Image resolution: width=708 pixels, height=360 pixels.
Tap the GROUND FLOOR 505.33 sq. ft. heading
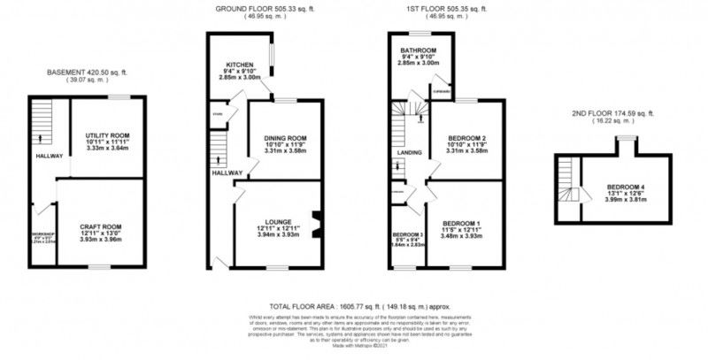pyautogui.click(x=265, y=8)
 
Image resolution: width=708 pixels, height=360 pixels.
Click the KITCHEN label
pyautogui.click(x=240, y=65)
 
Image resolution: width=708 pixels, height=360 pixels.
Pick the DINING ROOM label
pyautogui.click(x=284, y=138)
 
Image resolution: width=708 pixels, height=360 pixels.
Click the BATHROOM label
pyautogui.click(x=418, y=50)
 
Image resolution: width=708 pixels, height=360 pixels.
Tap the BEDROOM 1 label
pyautogui.click(x=460, y=222)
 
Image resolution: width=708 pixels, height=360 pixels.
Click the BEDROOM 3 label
pyautogui.click(x=407, y=234)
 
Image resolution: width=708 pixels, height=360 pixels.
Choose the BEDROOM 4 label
pyautogui.click(x=625, y=188)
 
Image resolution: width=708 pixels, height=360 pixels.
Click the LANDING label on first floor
pyautogui.click(x=409, y=153)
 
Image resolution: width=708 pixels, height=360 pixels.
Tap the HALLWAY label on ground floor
pyautogui.click(x=227, y=172)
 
